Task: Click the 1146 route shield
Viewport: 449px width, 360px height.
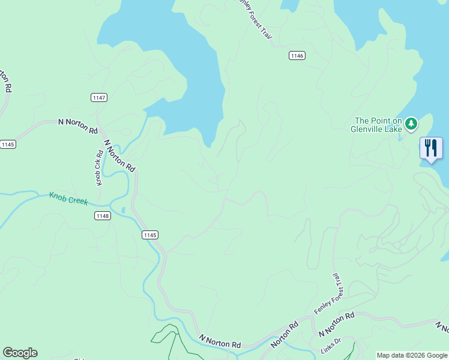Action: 297,55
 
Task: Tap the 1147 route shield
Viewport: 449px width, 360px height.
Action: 99,97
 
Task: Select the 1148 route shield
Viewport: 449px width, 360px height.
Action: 102,216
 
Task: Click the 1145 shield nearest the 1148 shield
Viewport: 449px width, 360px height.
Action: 150,235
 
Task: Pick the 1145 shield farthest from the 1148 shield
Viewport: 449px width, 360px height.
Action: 8,145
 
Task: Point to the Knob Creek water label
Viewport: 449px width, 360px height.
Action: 68,199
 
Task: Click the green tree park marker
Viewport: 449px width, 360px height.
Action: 411,124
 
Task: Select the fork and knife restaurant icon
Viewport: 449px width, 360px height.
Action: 431,148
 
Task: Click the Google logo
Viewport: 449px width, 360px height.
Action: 20,353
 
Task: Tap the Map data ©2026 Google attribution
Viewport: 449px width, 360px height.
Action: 411,355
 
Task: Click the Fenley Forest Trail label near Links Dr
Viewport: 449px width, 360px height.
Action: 327,294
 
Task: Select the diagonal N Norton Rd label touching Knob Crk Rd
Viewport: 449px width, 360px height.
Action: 119,155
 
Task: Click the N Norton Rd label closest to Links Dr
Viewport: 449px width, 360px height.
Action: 336,324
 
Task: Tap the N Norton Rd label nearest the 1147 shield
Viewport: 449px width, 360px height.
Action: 78,125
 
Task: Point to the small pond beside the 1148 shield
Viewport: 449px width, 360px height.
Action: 123,210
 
